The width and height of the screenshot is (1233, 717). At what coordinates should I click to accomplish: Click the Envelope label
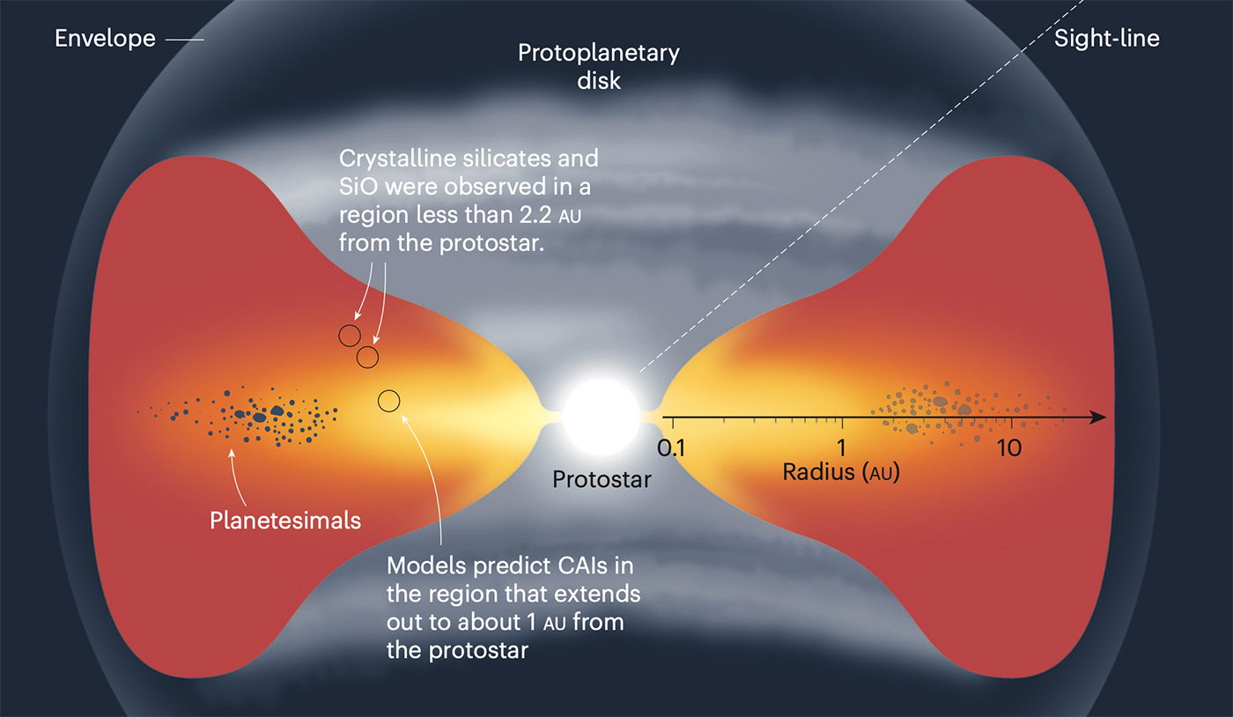click(x=105, y=40)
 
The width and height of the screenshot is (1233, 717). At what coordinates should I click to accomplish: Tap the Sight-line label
click(x=1106, y=39)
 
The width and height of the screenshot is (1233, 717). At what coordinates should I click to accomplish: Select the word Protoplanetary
click(x=598, y=54)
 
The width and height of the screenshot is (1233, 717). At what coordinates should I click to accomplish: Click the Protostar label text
click(x=602, y=480)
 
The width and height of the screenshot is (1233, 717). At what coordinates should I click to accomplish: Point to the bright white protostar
click(x=601, y=417)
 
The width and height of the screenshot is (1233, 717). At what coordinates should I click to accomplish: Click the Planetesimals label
click(x=285, y=521)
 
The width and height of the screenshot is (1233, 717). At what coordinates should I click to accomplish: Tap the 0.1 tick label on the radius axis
click(x=671, y=448)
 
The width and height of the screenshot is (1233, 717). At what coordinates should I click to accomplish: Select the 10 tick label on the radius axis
click(x=1009, y=448)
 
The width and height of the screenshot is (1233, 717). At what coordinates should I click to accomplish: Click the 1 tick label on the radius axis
click(x=841, y=448)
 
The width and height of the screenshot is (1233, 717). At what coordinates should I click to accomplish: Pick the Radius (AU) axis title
click(x=841, y=472)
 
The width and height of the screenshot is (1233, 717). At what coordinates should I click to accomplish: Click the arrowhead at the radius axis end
click(x=1097, y=418)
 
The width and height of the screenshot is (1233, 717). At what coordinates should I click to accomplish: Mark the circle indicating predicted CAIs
click(x=388, y=401)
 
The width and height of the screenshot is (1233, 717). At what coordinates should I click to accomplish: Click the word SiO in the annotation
click(x=358, y=187)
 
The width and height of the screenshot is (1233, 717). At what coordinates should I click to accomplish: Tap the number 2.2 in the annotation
click(x=535, y=215)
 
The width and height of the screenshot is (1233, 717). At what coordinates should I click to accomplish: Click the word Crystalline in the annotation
click(x=397, y=159)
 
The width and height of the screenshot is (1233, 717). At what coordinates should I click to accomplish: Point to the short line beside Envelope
click(x=184, y=40)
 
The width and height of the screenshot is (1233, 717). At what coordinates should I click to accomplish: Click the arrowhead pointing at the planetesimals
click(x=232, y=454)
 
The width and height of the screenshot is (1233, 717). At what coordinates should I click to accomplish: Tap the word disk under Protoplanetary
click(x=599, y=81)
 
